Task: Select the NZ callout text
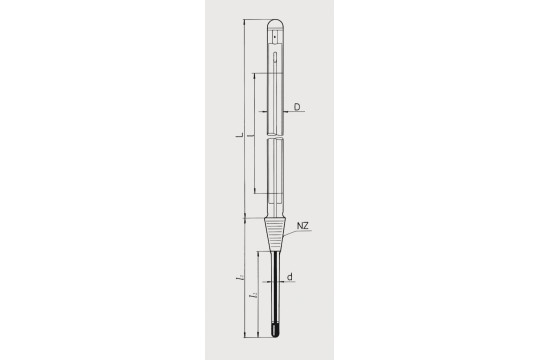[302, 229]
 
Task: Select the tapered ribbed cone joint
[275, 234]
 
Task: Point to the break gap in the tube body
[275, 138]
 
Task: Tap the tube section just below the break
[275, 165]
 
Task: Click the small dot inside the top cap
[275, 39]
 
